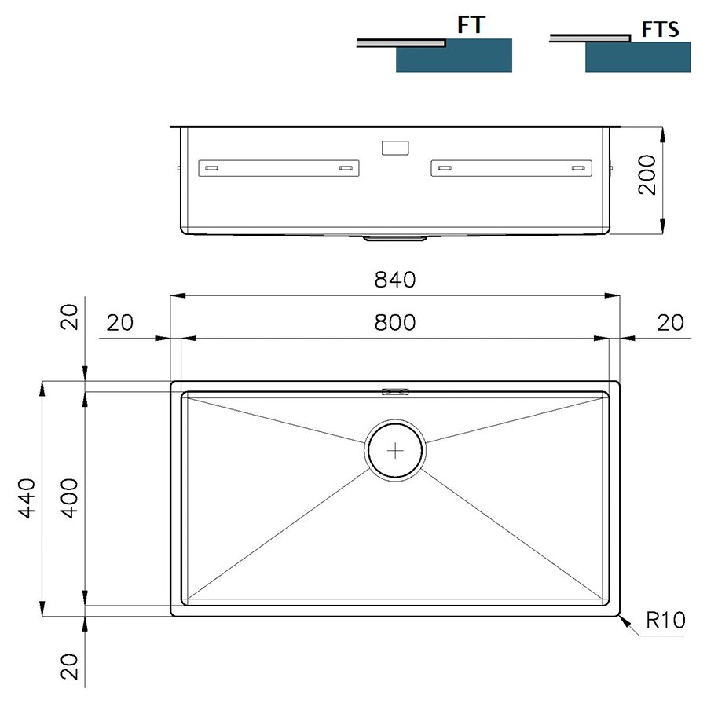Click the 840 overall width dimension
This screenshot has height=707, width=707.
point(395,280)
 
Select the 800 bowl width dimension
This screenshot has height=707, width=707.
point(395,323)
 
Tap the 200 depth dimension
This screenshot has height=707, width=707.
point(647,174)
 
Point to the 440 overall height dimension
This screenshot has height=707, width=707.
point(26,498)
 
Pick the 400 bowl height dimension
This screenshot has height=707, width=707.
point(69,498)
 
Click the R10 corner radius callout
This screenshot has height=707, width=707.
point(665,620)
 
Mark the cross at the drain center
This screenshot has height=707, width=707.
point(395,450)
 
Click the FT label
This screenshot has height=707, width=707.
point(471,25)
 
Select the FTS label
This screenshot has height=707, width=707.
point(660,29)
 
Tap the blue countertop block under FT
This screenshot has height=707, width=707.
point(454,56)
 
